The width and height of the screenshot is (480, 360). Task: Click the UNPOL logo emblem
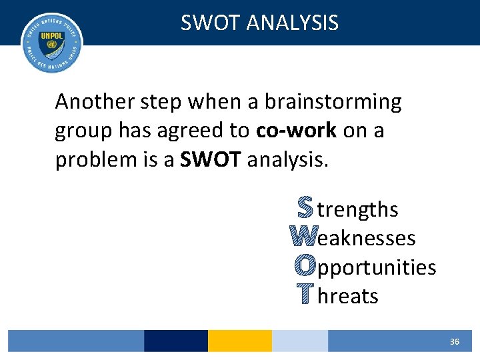[x=51, y=42]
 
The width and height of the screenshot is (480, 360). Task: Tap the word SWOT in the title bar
[x=211, y=23]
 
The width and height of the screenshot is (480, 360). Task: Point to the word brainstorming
[x=333, y=102]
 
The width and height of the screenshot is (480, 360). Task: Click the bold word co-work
[x=296, y=131]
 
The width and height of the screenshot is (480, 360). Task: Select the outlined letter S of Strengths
[x=304, y=209]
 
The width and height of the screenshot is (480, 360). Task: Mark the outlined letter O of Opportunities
[x=304, y=267]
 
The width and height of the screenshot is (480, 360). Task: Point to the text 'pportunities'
[x=377, y=268]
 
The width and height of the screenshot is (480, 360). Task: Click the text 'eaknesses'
[x=367, y=238]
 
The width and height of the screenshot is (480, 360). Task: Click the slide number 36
[x=455, y=341]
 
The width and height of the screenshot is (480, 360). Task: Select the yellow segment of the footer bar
[x=240, y=341]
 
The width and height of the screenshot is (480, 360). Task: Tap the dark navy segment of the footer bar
[x=175, y=341]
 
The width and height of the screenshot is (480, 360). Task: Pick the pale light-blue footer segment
[x=299, y=341]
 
